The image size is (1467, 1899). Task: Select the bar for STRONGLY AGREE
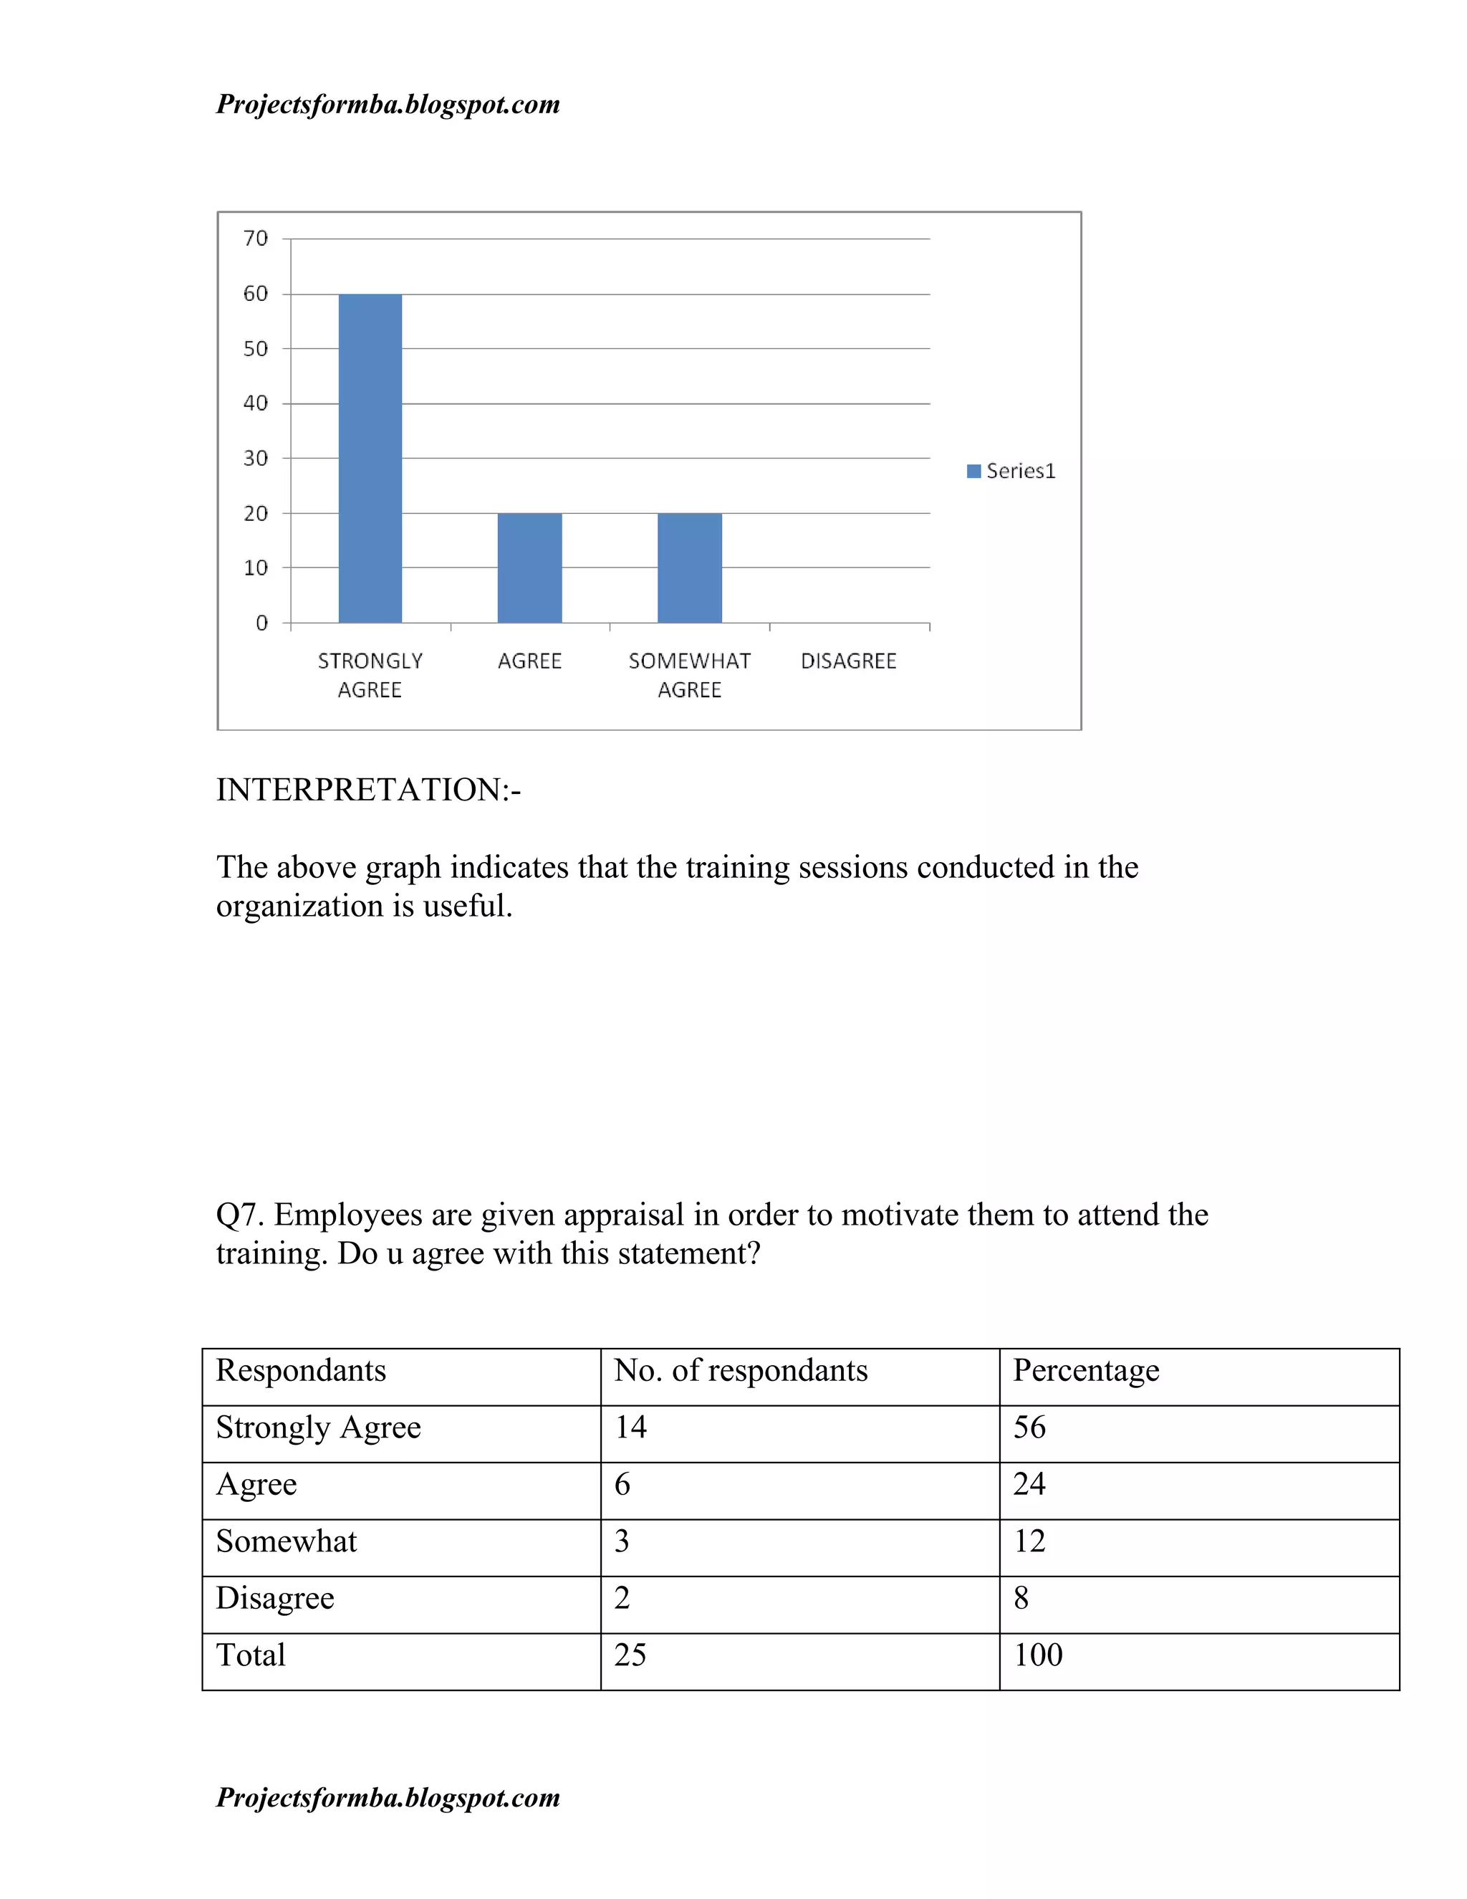pyautogui.click(x=370, y=458)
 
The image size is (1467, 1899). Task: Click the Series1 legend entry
pyautogui.click(x=1011, y=472)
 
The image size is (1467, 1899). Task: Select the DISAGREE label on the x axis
pyautogui.click(x=848, y=661)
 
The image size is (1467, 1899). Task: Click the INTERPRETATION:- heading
pyautogui.click(x=368, y=790)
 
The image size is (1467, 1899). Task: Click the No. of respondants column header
pyautogui.click(x=741, y=1370)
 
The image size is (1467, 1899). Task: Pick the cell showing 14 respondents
pyautogui.click(x=631, y=1427)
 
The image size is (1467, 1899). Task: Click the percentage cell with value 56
pyautogui.click(x=1029, y=1427)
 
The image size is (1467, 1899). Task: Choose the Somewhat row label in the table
pyautogui.click(x=286, y=1541)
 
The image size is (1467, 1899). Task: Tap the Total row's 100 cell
pyautogui.click(x=1038, y=1655)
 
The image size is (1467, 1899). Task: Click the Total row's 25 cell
pyautogui.click(x=630, y=1655)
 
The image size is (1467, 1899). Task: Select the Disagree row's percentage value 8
pyautogui.click(x=1021, y=1597)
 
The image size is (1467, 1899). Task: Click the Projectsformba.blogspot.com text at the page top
pyautogui.click(x=388, y=105)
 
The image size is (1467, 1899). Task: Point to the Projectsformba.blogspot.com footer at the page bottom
pyautogui.click(x=388, y=1797)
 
